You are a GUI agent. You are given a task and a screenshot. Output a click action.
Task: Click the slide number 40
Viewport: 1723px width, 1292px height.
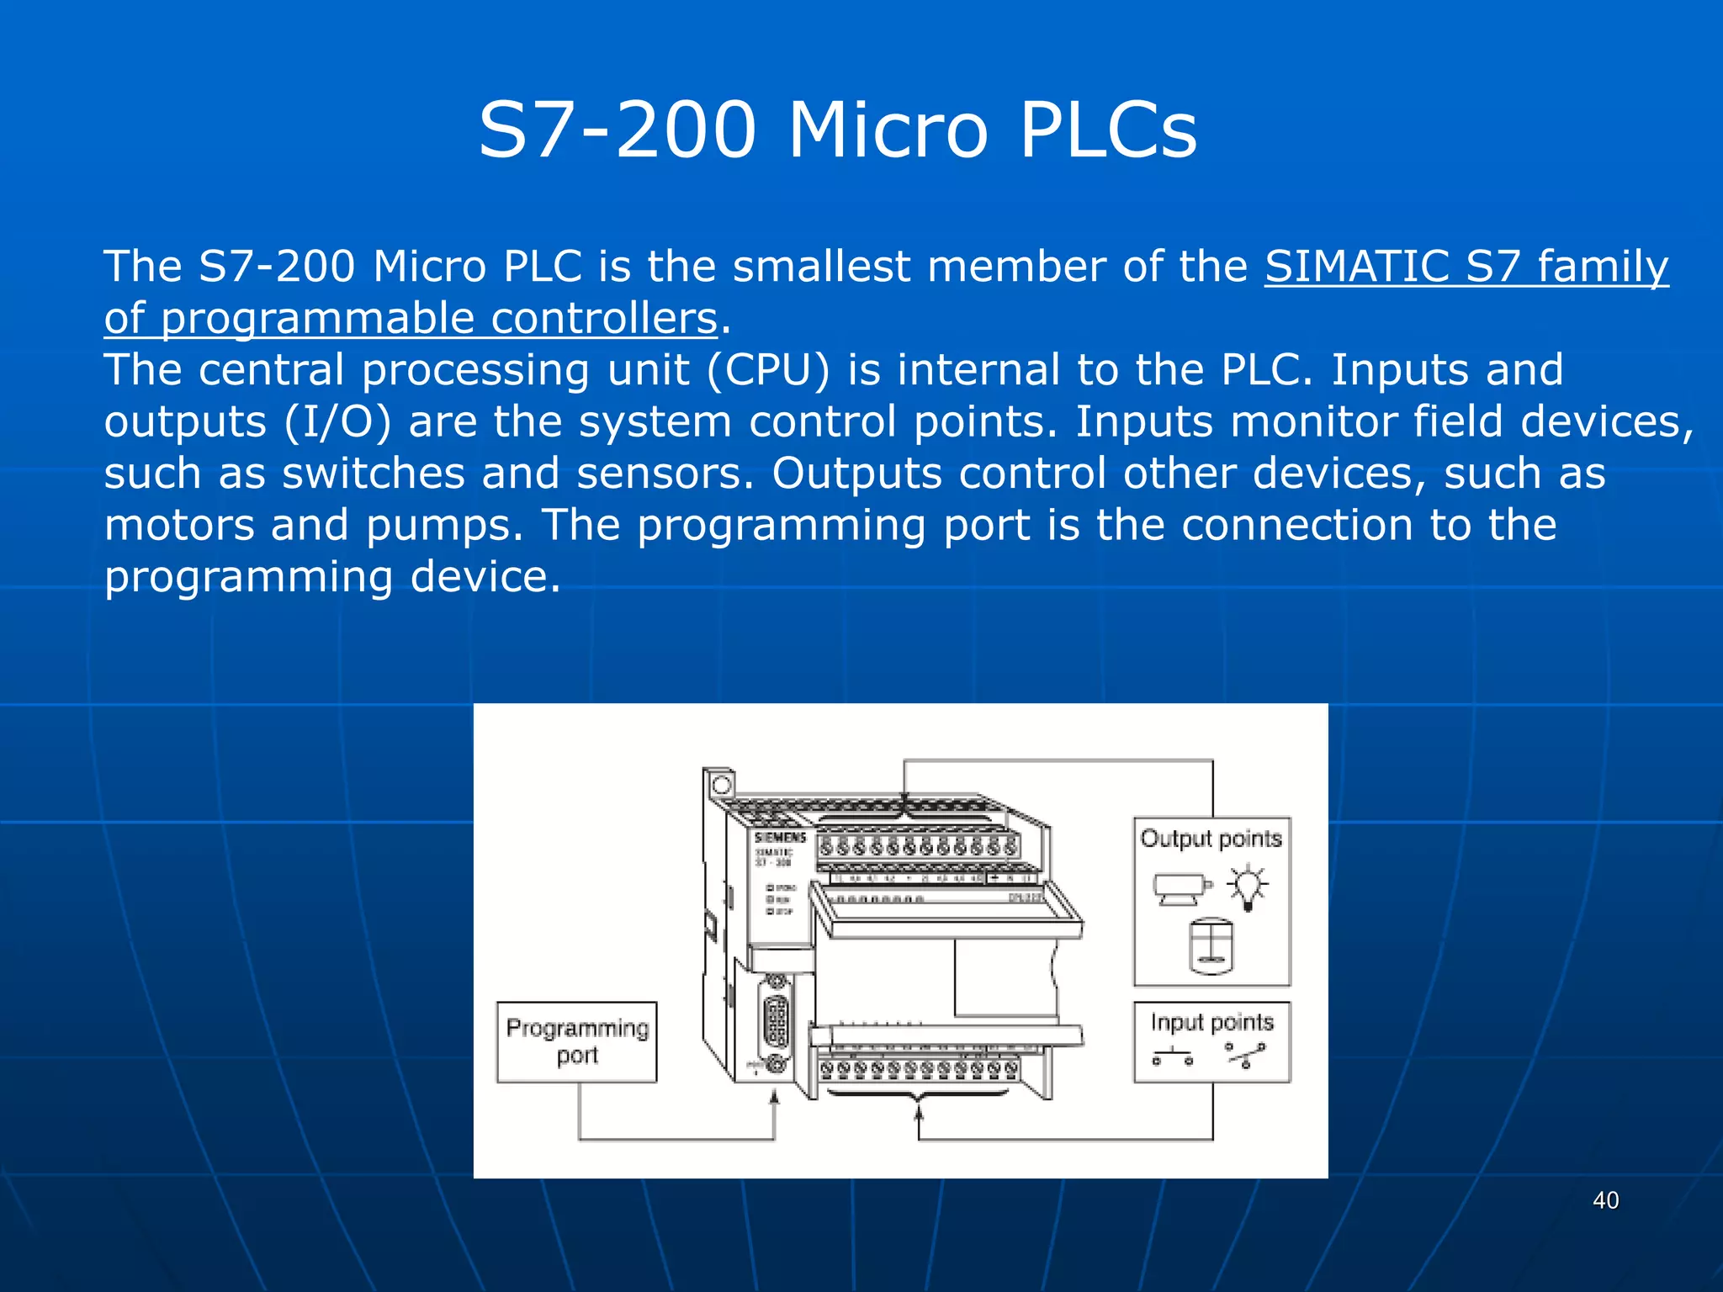coord(1605,1200)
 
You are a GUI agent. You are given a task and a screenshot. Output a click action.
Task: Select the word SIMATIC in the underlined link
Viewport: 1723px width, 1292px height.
coord(1356,267)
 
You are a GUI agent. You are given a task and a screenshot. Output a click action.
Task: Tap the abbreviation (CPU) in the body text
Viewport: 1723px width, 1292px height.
coord(767,370)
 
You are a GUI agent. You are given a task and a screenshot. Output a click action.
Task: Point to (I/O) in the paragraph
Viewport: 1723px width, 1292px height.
coord(337,422)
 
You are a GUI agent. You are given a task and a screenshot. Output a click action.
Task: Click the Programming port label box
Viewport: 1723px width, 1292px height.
coord(576,1041)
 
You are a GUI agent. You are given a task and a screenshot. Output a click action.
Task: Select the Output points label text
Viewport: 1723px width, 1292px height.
coord(1211,839)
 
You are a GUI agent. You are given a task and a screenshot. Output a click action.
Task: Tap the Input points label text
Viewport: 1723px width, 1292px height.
coord(1211,1022)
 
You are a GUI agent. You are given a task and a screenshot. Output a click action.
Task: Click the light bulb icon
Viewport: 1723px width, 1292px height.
coord(1247,888)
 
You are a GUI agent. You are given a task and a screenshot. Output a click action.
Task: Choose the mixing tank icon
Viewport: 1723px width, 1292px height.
coord(1211,945)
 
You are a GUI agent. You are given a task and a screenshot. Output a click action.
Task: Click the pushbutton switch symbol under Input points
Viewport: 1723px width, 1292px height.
coord(1173,1056)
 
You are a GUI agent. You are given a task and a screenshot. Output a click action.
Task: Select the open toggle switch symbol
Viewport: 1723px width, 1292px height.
coord(1245,1054)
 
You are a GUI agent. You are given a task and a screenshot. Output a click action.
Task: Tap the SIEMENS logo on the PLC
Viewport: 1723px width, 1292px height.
coord(780,838)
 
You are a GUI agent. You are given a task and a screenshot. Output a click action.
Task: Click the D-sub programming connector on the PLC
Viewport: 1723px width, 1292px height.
coord(776,1021)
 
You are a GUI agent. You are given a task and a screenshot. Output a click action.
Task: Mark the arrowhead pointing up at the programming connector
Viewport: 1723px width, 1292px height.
coord(775,1097)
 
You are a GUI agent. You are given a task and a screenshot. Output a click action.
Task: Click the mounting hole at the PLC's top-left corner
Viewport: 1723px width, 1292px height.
coord(721,786)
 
